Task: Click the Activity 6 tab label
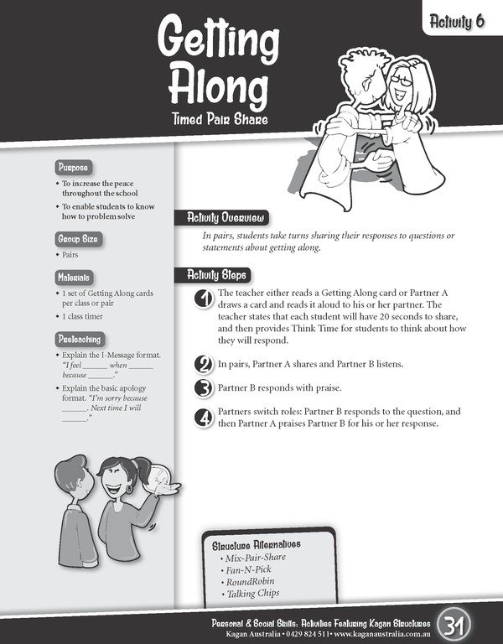pos(458,22)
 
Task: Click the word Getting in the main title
pos(218,40)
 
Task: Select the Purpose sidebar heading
pos(72,167)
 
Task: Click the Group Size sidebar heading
pos(76,238)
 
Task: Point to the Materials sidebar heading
pos(74,278)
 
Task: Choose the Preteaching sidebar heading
pos(79,340)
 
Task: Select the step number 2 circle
pos(203,365)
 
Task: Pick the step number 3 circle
pos(203,388)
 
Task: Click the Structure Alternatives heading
pos(256,545)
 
